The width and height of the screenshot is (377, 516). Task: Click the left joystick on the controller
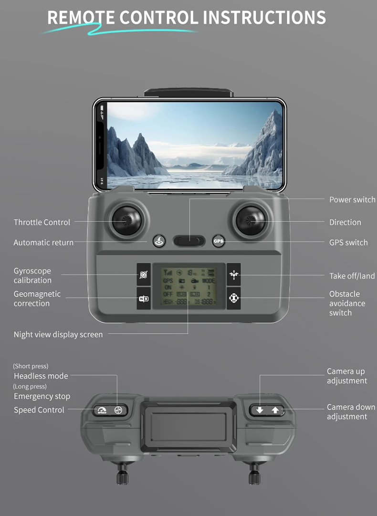126,221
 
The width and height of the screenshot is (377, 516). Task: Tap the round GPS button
218,241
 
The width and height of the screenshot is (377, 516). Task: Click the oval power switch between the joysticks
189,241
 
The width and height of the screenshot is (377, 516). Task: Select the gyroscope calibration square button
144,275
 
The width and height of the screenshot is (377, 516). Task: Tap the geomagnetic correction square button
144,299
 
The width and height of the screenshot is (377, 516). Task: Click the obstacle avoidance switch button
233,299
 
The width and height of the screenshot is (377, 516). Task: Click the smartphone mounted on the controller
189,145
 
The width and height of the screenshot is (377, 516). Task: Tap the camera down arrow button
259,410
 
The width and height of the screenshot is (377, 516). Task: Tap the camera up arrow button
275,410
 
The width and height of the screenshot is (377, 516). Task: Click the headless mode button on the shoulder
118,410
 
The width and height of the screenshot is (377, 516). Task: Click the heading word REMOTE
81,18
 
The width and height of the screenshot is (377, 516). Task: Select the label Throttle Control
42,222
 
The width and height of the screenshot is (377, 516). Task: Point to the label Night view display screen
58,335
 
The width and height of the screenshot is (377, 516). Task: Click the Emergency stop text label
42,396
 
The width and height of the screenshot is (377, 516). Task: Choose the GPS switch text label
348,242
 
